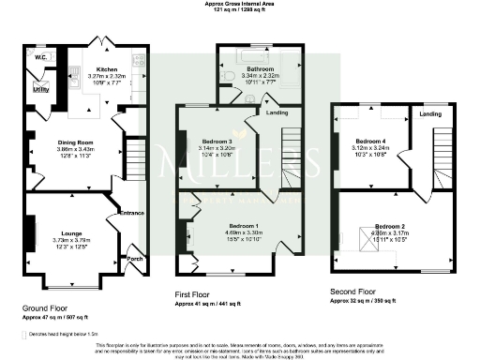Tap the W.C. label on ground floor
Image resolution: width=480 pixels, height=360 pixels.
tap(41, 57)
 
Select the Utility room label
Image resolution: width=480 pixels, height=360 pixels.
tap(41, 90)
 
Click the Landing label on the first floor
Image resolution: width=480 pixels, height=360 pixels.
tap(278, 113)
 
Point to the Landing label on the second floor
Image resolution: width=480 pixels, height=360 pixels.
tap(430, 113)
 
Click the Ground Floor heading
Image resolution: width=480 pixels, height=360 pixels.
tap(46, 307)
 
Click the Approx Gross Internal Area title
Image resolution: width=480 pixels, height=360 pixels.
tap(240, 4)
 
